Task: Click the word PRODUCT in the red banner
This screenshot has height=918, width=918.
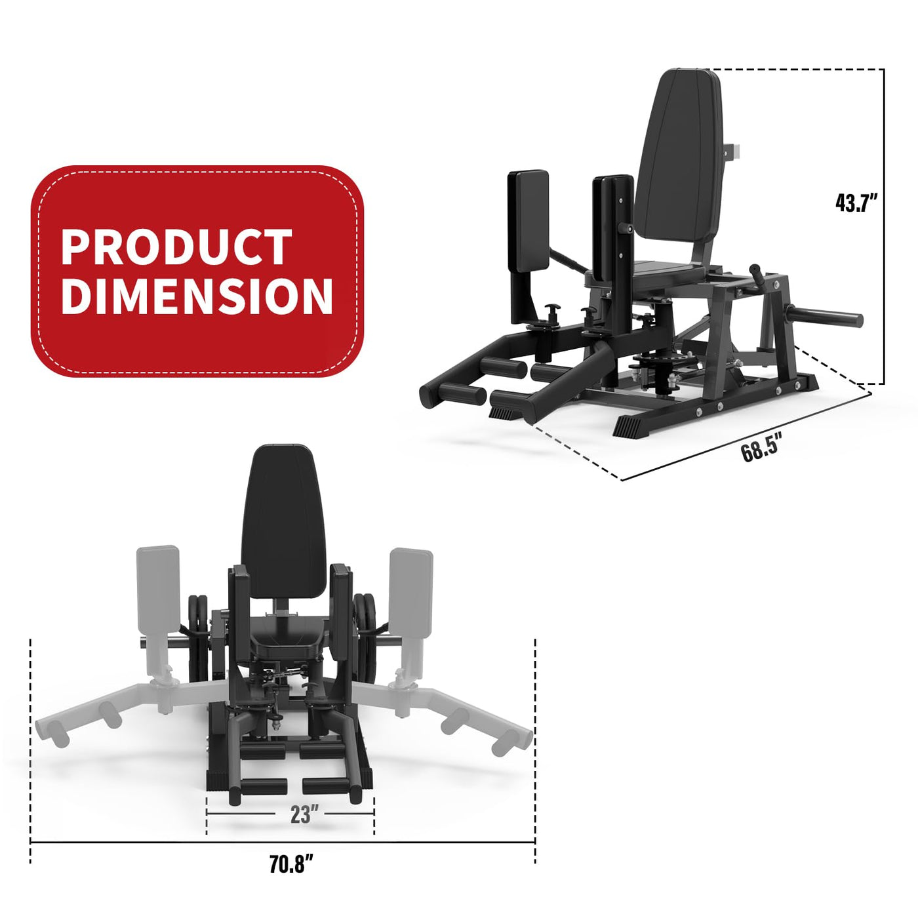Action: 176,247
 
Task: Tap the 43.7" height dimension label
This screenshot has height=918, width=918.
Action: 856,203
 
